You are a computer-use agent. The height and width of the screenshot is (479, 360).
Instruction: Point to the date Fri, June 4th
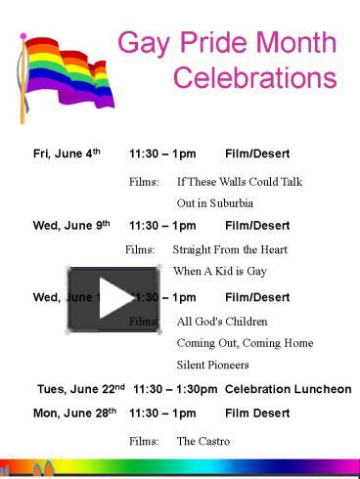coord(67,154)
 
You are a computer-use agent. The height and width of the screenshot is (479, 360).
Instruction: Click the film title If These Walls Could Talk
coord(240,182)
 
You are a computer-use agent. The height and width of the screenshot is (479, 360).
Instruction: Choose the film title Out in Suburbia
coord(215,203)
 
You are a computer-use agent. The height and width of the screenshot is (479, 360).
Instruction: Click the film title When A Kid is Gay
coord(219,271)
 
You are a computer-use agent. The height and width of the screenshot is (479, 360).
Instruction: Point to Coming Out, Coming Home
coord(245,343)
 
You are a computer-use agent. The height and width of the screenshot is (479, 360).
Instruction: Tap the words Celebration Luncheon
coord(288,389)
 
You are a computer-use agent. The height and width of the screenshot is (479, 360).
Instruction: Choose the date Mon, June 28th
coord(74,414)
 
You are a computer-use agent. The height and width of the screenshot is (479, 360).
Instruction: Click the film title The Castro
coord(202,441)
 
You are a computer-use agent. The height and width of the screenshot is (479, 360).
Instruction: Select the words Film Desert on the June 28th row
coord(257,414)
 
